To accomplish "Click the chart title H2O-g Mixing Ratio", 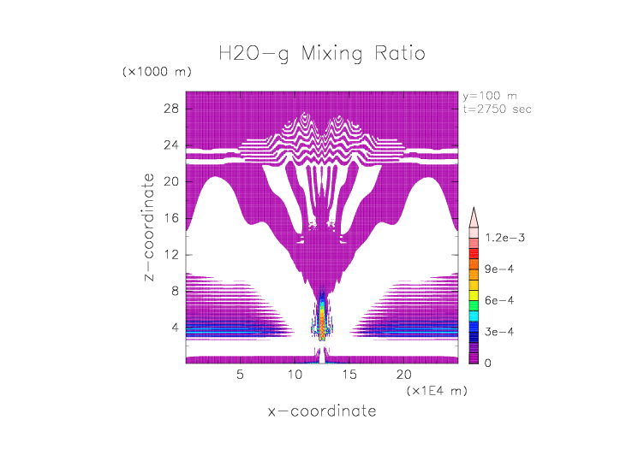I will click(321, 54).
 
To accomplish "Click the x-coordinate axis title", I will click(321, 411).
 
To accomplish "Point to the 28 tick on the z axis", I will click(170, 109).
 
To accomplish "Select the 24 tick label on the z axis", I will click(170, 145).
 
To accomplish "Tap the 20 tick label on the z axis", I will click(170, 181).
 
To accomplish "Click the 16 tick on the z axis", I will click(170, 218).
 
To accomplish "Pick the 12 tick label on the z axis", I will click(170, 254).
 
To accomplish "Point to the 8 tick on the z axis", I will click(174, 291).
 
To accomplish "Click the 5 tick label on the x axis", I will click(241, 374).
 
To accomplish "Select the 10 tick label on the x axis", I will click(295, 374).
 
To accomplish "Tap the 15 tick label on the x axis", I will click(349, 374).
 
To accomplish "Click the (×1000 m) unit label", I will click(157, 72).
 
